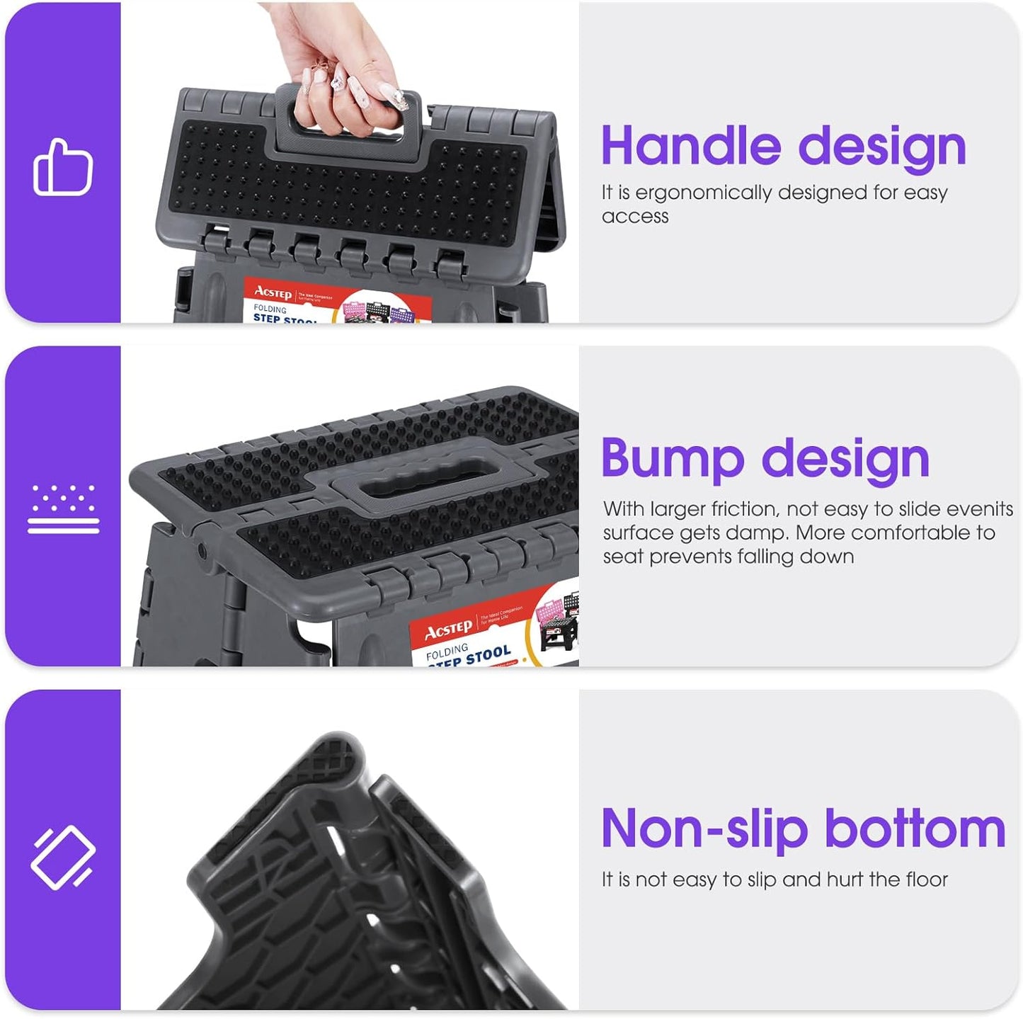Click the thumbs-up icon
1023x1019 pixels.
pos(63,167)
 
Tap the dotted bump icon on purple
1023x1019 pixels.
pos(63,508)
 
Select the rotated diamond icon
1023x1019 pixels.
pos(63,857)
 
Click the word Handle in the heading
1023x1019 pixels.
pos(691,146)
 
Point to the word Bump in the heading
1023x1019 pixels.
pos(673,459)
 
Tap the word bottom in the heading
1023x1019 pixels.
pos(915,829)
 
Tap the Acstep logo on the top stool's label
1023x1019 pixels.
pos(273,292)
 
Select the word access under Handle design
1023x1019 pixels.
pos(635,216)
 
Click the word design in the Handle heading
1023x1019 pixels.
pos(882,146)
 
